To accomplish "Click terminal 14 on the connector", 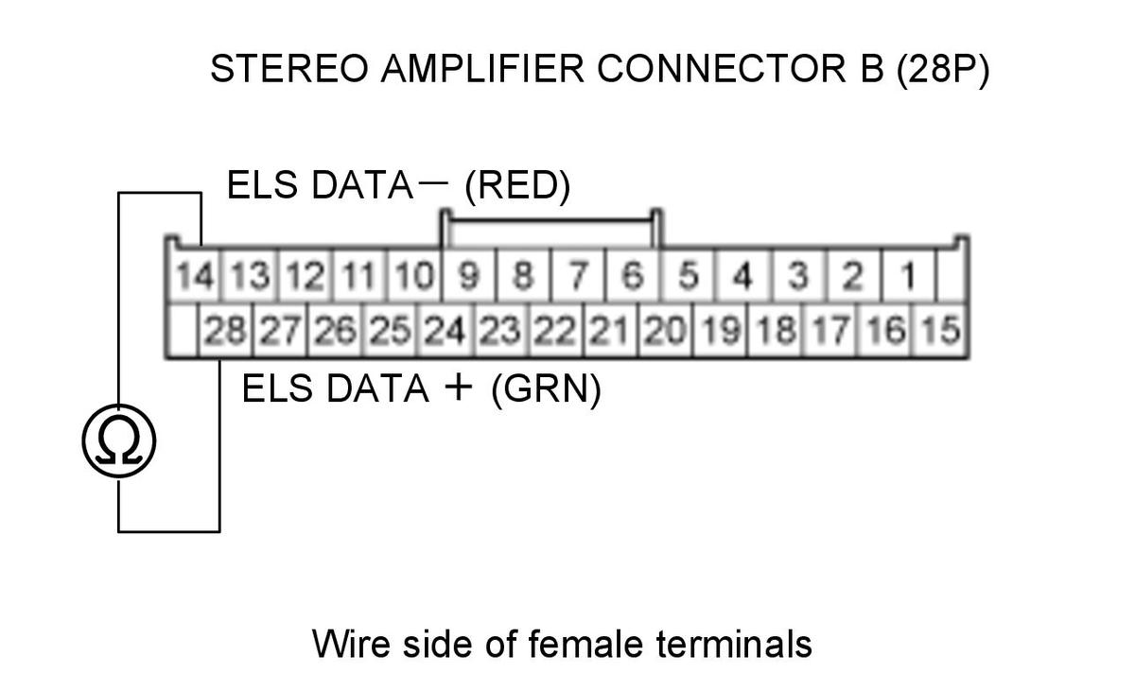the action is [195, 276].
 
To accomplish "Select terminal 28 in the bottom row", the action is [225, 330].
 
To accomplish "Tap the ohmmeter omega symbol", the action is [118, 440].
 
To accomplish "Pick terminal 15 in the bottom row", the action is [940, 330].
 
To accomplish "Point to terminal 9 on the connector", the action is [469, 276].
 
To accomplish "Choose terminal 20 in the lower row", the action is [665, 330].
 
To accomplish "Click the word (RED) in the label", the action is [517, 185].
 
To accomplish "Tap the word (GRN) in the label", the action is [546, 388].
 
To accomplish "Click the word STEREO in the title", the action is [289, 68].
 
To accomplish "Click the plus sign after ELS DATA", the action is [458, 388].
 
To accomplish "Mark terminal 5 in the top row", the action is [689, 276].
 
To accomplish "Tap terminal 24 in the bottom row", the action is [445, 330].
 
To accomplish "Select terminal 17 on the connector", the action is [831, 330].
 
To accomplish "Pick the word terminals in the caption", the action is [734, 644].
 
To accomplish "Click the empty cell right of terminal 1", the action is [952, 276].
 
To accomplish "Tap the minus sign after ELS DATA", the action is [434, 181].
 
